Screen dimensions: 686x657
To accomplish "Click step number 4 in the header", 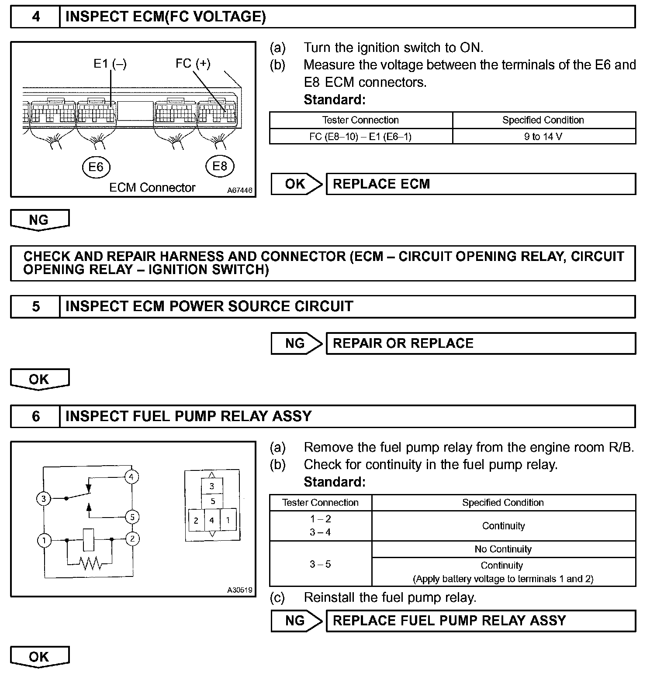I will [x=36, y=17].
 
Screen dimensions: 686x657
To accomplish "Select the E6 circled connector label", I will [x=96, y=167].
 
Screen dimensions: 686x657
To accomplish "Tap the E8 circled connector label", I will [x=219, y=166].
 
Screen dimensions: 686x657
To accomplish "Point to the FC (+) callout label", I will [x=193, y=64].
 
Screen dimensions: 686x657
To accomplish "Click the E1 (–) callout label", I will [x=110, y=64].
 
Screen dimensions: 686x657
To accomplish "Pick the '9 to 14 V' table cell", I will [x=543, y=137].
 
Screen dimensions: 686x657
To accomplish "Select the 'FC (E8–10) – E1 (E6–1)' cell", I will [x=360, y=137].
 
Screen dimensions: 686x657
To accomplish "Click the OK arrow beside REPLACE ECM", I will [x=296, y=184].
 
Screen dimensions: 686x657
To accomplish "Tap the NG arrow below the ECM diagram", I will [x=39, y=220].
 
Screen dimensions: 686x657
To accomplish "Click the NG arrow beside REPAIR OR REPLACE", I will [x=296, y=343].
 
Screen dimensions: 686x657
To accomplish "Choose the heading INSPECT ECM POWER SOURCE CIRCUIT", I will [x=209, y=306].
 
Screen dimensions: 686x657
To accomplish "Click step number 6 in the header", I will [x=36, y=416].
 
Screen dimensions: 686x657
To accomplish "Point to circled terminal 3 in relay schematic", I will [x=44, y=498].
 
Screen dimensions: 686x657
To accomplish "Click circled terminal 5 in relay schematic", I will [x=132, y=517].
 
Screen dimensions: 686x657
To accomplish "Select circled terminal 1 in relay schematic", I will [x=44, y=541].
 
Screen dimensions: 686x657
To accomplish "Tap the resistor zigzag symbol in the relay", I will [x=91, y=564].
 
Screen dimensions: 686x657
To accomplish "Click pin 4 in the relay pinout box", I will [x=212, y=520].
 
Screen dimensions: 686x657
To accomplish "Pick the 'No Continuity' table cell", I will [x=503, y=549].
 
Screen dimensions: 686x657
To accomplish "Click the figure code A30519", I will [x=239, y=590].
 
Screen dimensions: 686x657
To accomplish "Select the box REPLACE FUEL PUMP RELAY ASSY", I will [x=481, y=621].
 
